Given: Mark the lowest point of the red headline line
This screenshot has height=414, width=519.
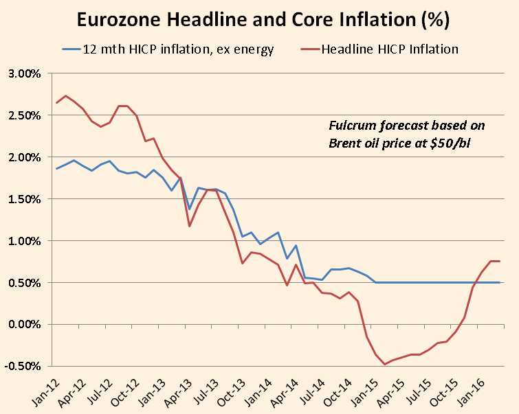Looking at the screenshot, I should tap(385, 364).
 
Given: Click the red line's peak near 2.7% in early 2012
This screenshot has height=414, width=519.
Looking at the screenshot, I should tap(65, 95).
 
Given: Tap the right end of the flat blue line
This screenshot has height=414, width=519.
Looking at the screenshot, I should tap(499, 282).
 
